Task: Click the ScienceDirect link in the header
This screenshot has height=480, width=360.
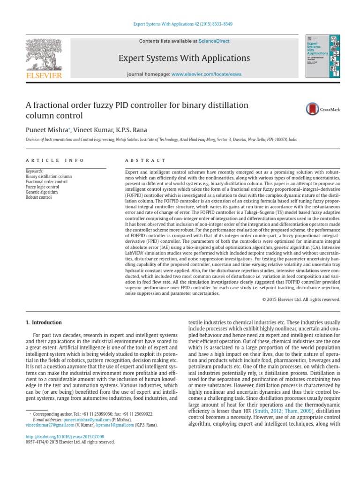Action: coord(214,41)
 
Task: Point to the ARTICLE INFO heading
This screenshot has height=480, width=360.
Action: coord(55,160)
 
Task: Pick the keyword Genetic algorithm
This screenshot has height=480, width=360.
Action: coord(42,192)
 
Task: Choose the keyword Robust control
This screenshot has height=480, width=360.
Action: coord(38,197)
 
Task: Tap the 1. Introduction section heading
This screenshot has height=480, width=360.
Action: coord(43,322)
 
